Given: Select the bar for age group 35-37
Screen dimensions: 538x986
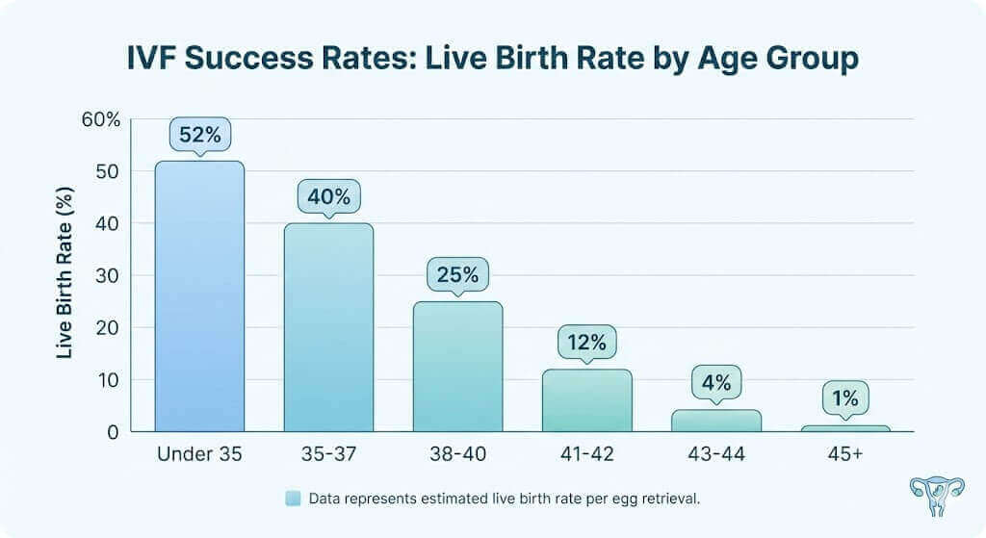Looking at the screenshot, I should (328, 327).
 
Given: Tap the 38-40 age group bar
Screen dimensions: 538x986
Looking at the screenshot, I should (457, 366).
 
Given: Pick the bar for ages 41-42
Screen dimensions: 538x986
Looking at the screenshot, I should (586, 399).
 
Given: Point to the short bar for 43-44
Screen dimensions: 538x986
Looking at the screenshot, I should (716, 421).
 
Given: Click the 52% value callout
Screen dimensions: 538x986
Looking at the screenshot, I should (199, 135).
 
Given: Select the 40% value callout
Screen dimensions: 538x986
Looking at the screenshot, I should (328, 197).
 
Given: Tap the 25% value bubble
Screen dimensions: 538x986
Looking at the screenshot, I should (457, 275).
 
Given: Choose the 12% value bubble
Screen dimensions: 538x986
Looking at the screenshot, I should (586, 343).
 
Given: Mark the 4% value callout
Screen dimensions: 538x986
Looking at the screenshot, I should (716, 383).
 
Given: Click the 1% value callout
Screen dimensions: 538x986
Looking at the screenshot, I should (845, 397).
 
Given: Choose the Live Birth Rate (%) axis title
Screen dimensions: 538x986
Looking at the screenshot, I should (65, 275).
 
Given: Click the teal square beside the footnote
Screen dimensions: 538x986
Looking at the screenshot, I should (294, 499).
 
